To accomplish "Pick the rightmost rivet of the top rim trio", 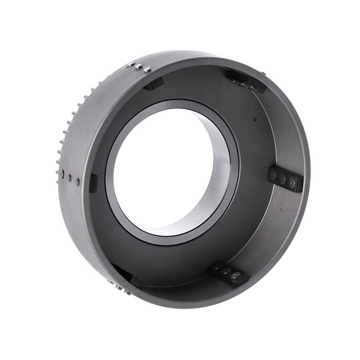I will pyautogui.click(x=147, y=70).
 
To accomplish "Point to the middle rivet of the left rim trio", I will pyautogui.click(x=69, y=177).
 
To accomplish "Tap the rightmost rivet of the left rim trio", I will pyautogui.click(x=78, y=181).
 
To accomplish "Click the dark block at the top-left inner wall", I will pyautogui.click(x=153, y=84).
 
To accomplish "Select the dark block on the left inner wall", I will pyautogui.click(x=93, y=182).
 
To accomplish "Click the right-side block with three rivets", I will pyautogui.click(x=286, y=178).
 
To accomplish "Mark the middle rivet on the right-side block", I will pyautogui.click(x=282, y=179).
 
